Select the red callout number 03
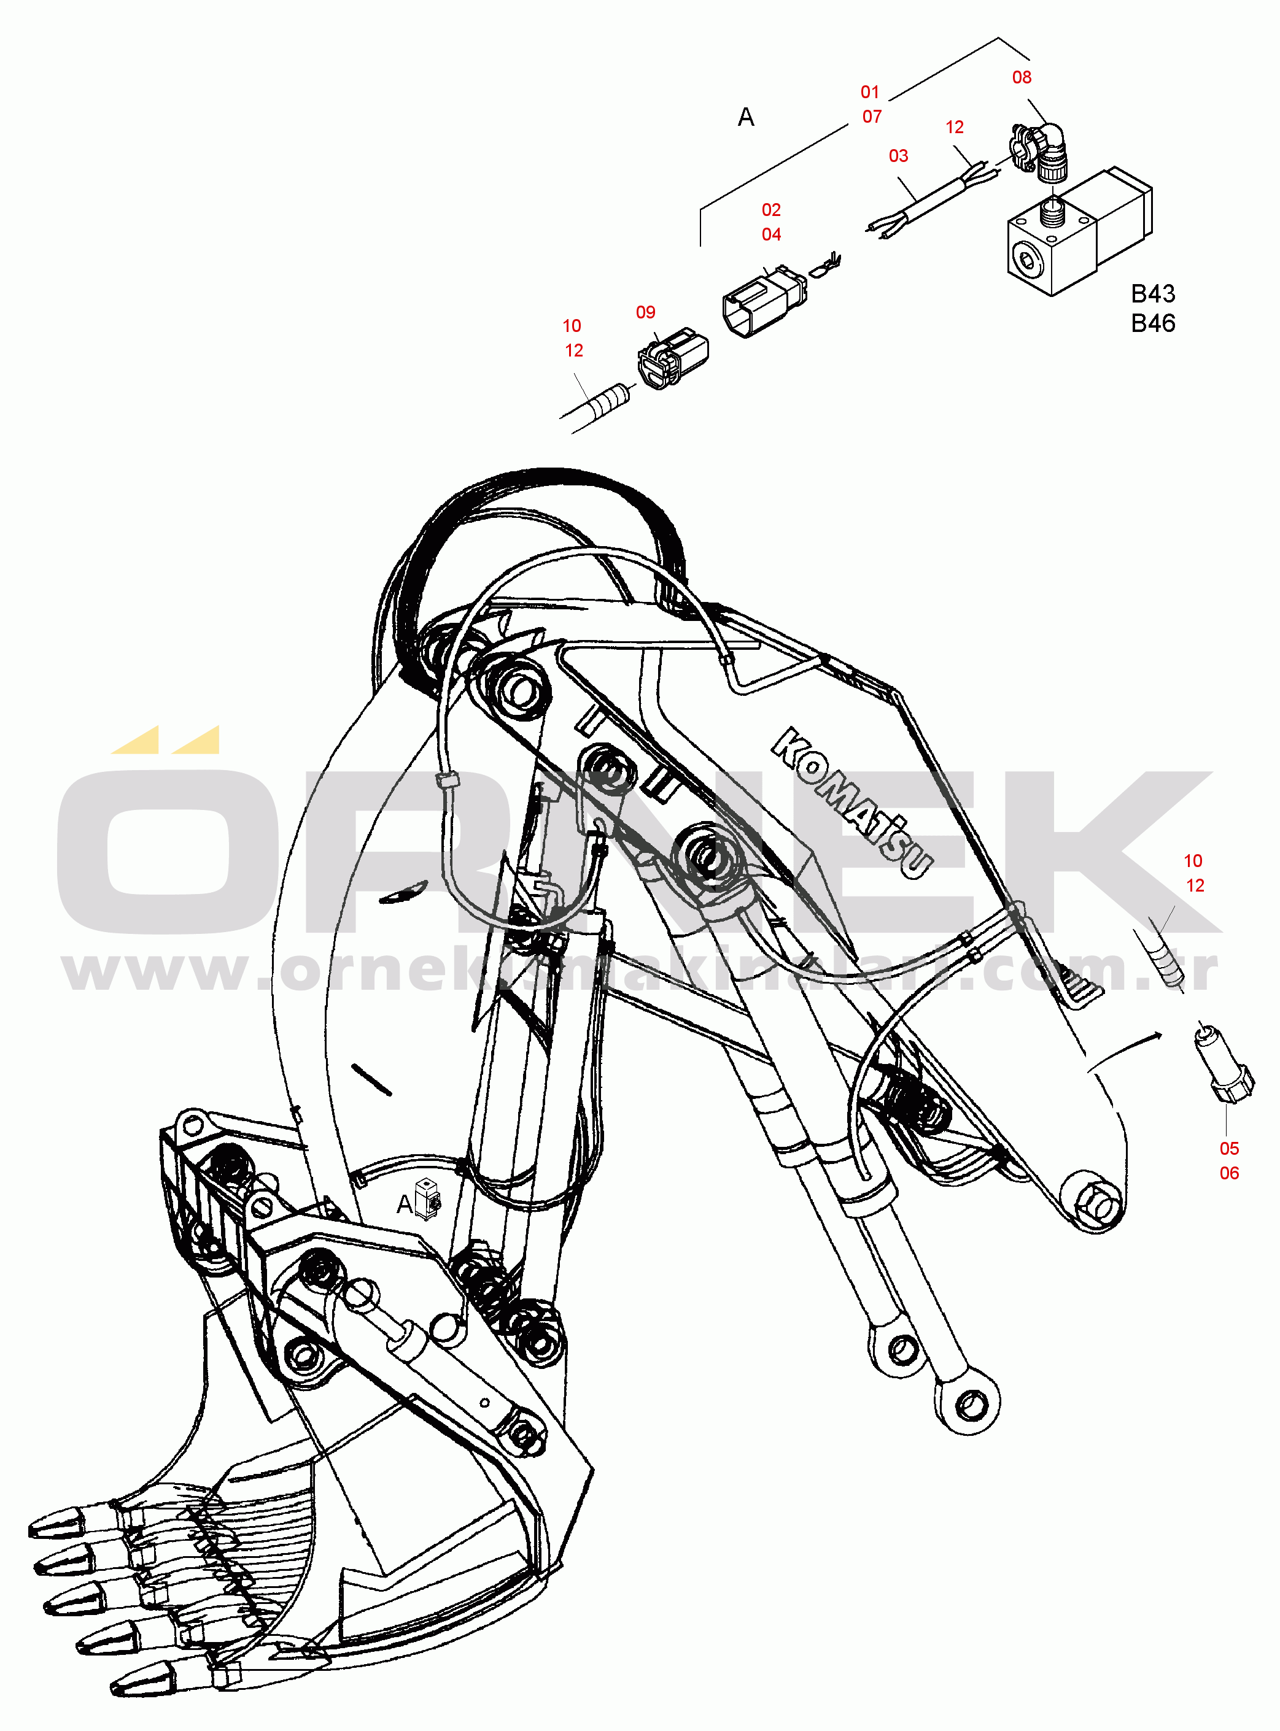[x=898, y=156]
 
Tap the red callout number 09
[x=645, y=313]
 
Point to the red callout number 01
[x=870, y=92]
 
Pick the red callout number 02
[x=771, y=210]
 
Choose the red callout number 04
[x=771, y=234]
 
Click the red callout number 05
[x=1229, y=1149]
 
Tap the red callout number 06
[x=1229, y=1173]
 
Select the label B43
[x=1153, y=295]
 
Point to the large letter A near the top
[x=746, y=118]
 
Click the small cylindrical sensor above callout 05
[x=1224, y=1062]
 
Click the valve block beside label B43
[x=1079, y=231]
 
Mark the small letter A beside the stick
[x=405, y=1205]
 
